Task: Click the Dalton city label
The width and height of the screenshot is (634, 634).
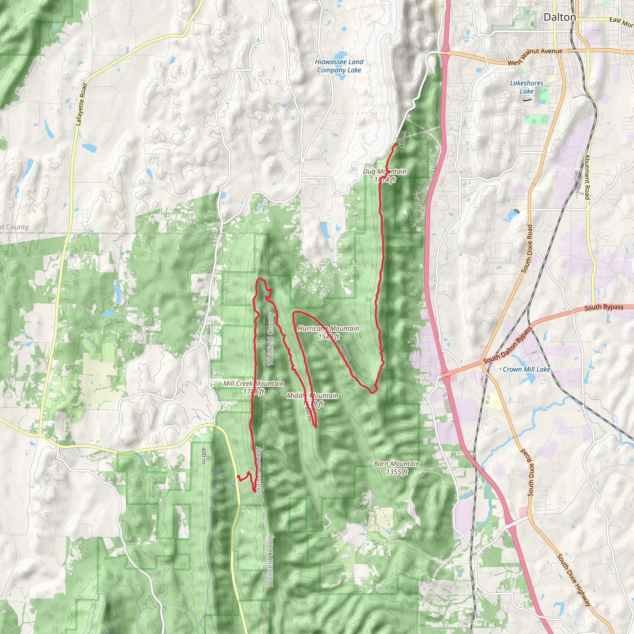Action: click(x=559, y=17)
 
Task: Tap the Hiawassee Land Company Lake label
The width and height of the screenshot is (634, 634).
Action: click(x=339, y=66)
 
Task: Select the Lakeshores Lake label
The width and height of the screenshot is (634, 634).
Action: click(x=526, y=87)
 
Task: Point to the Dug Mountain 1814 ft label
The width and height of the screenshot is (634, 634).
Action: click(x=384, y=176)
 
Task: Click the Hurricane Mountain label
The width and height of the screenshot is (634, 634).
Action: click(x=328, y=328)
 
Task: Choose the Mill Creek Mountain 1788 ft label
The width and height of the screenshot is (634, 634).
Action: click(x=253, y=387)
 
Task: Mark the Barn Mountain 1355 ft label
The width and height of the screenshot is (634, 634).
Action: click(x=397, y=468)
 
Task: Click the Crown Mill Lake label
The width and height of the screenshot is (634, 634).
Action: click(x=526, y=369)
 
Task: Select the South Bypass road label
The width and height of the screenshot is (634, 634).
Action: click(x=604, y=307)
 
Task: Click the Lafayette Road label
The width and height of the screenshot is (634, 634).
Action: click(x=81, y=104)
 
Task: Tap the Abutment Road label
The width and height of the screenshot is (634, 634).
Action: click(x=587, y=177)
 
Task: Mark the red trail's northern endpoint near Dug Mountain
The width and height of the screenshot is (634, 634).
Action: click(x=396, y=144)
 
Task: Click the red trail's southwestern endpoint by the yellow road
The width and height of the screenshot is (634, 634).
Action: click(x=238, y=476)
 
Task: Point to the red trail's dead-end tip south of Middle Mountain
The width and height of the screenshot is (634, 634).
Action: click(x=316, y=427)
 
